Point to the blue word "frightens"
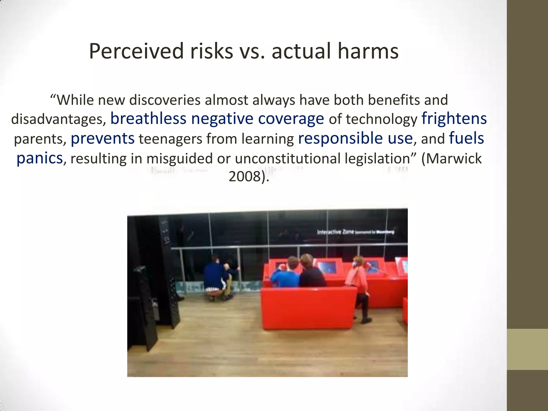click(454, 119)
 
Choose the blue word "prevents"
click(102, 138)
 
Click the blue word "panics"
click(40, 158)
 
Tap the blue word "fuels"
click(466, 138)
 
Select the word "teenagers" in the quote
click(170, 139)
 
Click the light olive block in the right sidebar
click(527, 349)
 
